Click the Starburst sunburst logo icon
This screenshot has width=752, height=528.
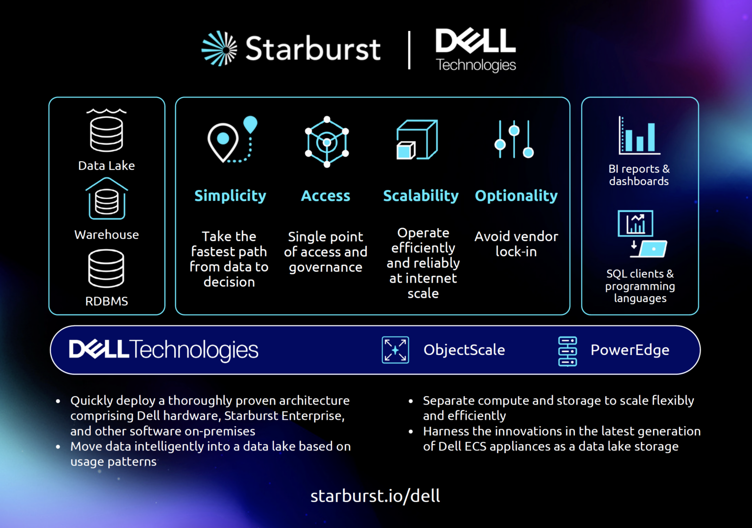tap(219, 48)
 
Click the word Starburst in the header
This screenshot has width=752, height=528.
tap(313, 49)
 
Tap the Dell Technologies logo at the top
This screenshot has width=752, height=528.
tap(475, 49)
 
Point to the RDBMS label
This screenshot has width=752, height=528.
tap(107, 301)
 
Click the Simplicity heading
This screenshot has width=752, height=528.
tap(230, 196)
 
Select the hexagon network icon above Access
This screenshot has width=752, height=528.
tap(327, 142)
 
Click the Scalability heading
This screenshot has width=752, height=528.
tap(421, 196)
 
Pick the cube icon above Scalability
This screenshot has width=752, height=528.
tap(417, 140)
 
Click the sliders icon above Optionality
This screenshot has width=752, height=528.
tap(514, 140)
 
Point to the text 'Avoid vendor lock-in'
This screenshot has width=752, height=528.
tap(516, 244)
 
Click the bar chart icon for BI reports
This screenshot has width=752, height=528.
tap(639, 136)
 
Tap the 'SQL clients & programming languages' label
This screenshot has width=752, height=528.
tap(640, 286)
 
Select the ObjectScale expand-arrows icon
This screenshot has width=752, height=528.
tap(395, 350)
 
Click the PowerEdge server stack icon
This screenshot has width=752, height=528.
tap(567, 351)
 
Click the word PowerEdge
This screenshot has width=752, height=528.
tap(630, 350)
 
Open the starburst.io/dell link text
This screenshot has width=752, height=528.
tap(375, 496)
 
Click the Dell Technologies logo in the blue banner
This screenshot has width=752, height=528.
tap(164, 350)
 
